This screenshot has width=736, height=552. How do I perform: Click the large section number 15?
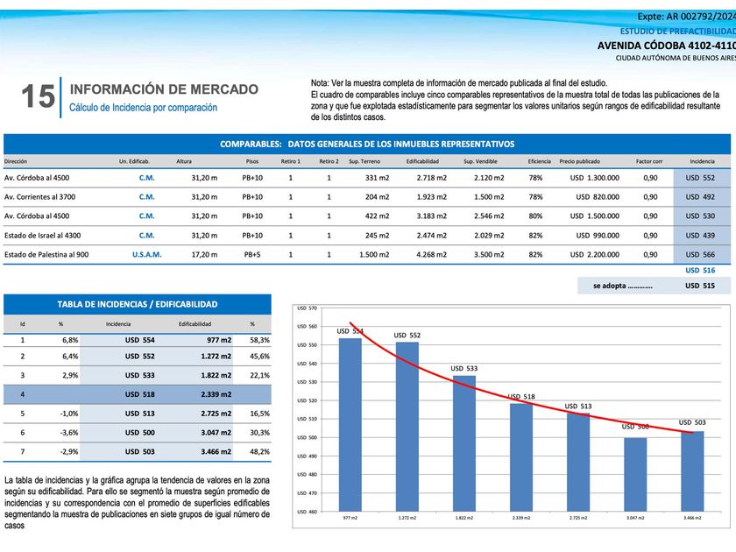point(37,96)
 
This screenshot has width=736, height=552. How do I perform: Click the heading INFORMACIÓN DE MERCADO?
point(163,89)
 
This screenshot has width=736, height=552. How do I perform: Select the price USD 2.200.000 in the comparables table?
point(595,254)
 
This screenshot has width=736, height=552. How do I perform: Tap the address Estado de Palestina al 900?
point(46,254)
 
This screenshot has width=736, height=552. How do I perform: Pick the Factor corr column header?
point(649,161)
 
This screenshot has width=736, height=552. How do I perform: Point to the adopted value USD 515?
point(699,286)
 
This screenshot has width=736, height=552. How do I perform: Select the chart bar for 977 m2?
point(350,424)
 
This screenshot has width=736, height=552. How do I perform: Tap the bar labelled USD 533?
point(464,443)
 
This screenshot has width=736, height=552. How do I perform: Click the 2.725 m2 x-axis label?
point(578,519)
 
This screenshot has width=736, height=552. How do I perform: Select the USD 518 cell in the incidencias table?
point(140,394)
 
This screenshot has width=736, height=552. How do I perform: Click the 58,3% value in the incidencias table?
point(259,340)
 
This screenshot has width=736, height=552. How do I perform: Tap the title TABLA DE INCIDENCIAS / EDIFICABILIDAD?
point(138,304)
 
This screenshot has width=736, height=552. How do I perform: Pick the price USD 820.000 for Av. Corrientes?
point(598,196)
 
